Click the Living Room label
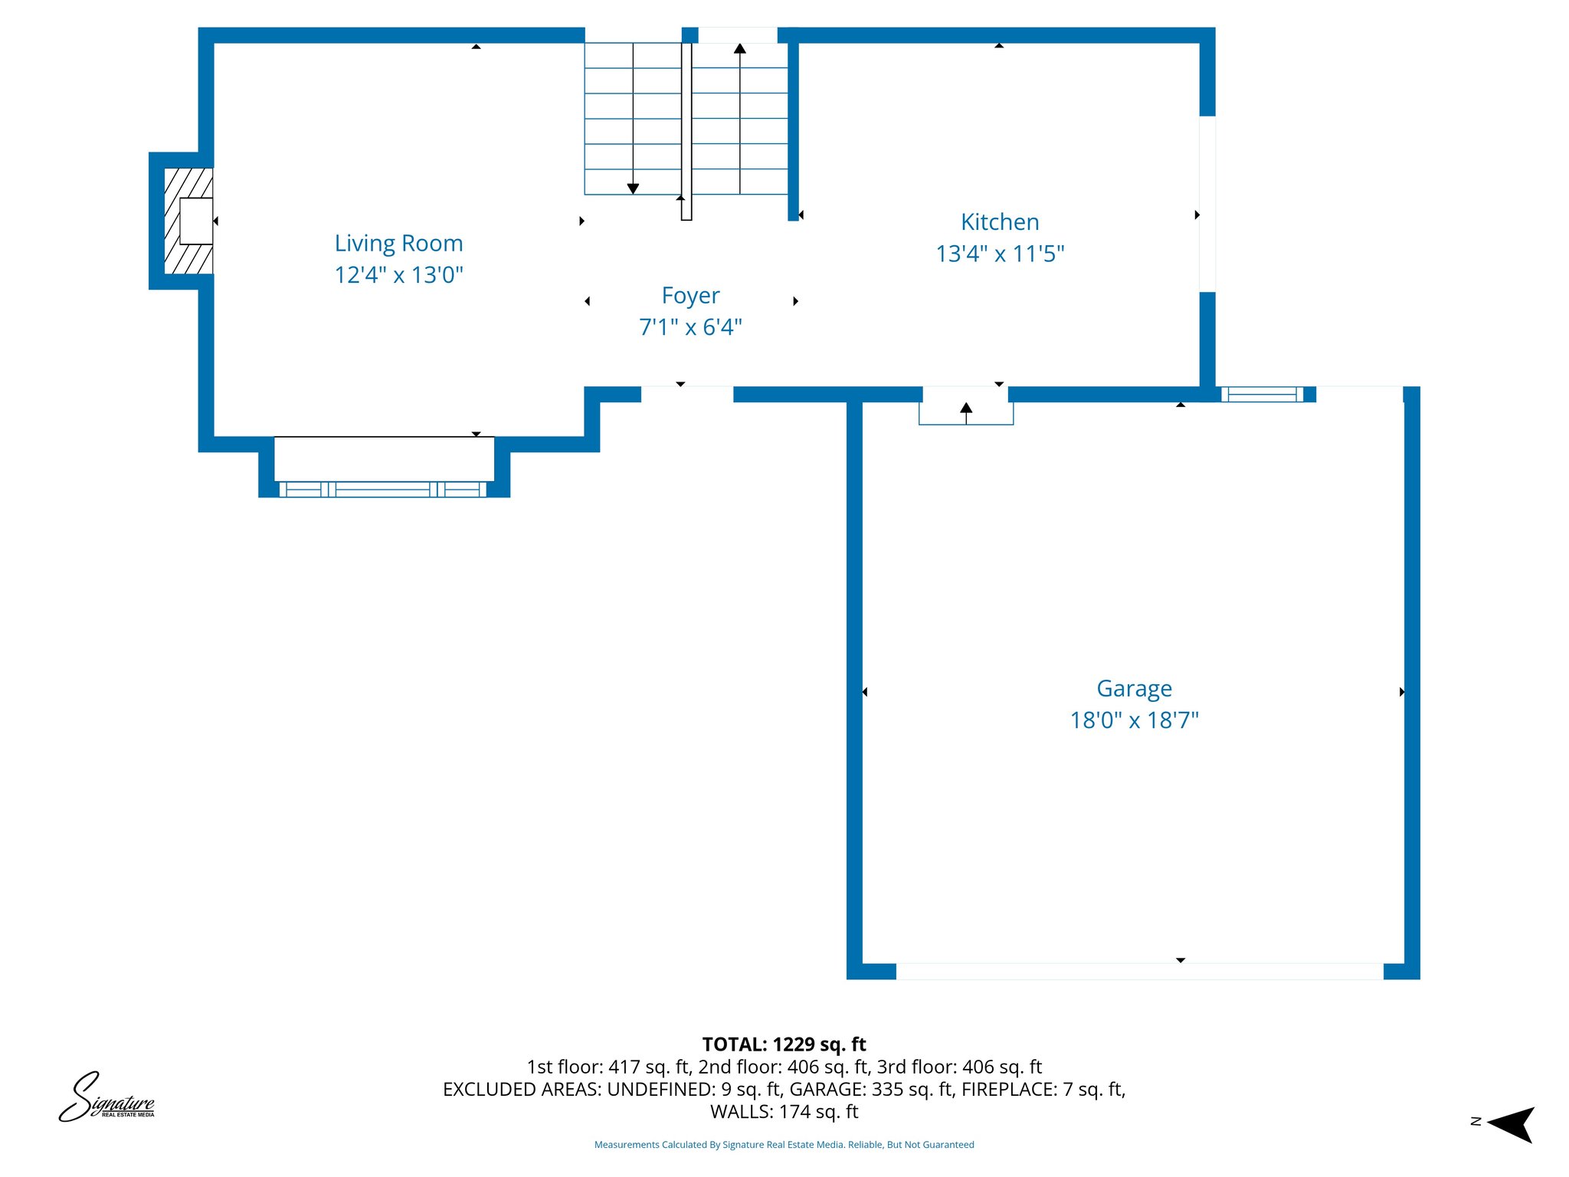click(x=398, y=244)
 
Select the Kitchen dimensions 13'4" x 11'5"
click(x=1000, y=254)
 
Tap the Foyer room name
click(x=690, y=296)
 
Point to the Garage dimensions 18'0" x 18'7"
click(x=1134, y=720)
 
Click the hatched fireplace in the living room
click(x=188, y=221)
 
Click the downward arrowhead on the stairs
click(x=633, y=189)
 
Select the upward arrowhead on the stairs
click(x=739, y=49)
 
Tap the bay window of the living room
click(x=383, y=489)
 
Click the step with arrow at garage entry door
click(x=966, y=413)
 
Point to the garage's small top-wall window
click(x=1262, y=395)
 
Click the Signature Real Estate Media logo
click(x=106, y=1098)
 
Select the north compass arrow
click(x=1511, y=1124)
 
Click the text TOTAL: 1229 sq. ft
click(x=784, y=1044)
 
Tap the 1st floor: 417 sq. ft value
click(x=608, y=1067)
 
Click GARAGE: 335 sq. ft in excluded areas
click(x=872, y=1089)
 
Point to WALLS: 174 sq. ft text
click(x=784, y=1111)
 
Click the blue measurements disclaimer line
click(x=784, y=1145)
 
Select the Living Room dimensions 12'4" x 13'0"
click(x=398, y=275)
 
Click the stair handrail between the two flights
click(x=686, y=130)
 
